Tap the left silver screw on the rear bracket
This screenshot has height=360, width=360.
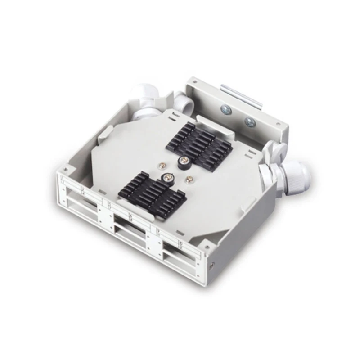[x=224, y=109]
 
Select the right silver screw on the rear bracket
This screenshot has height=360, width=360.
[x=250, y=122]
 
